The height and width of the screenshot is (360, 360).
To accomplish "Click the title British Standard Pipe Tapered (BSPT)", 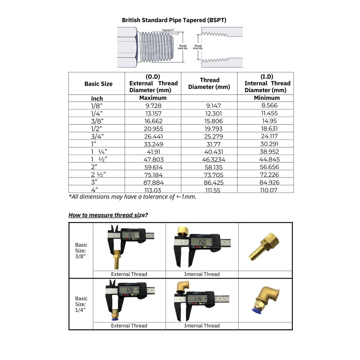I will [x=174, y=20].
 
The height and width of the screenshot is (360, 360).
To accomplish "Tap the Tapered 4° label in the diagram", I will [x=168, y=30].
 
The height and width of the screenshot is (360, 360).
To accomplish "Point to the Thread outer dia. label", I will [x=183, y=47].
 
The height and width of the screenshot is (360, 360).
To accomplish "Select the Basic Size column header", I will [x=98, y=84].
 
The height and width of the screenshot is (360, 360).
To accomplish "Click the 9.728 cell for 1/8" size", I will [x=153, y=105].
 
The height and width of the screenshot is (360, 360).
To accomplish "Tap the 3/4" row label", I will [x=97, y=136].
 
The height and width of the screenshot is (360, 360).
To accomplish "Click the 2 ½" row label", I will [x=98, y=175].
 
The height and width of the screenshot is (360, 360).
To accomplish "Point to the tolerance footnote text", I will [x=132, y=197].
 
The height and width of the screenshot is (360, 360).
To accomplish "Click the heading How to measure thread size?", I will [x=108, y=215].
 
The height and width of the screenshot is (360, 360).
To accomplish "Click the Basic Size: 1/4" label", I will [x=81, y=304].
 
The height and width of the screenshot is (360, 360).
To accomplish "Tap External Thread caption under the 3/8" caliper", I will [x=129, y=274].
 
